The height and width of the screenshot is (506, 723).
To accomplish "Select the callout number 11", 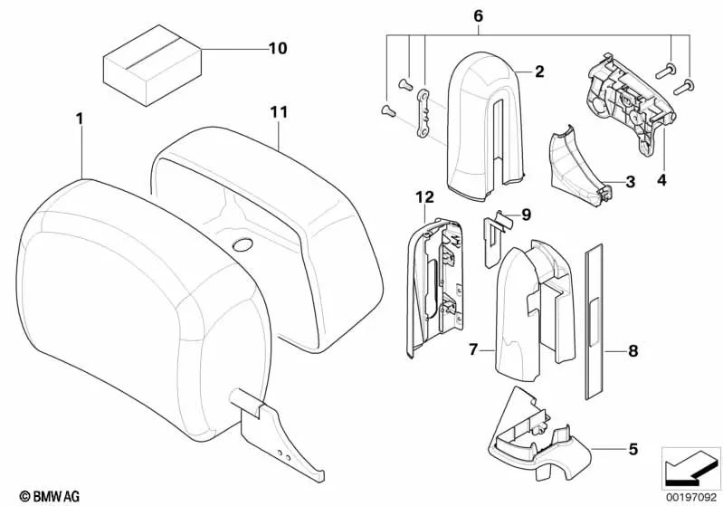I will (278, 112).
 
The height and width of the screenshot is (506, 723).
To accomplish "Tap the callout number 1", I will (80, 119).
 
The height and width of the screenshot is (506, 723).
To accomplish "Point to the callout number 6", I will (479, 15).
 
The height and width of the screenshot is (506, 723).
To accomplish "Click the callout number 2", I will (538, 71).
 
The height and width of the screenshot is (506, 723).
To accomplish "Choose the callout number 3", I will (630, 182).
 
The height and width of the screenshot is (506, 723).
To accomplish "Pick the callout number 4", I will (661, 182).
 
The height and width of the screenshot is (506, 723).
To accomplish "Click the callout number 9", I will (528, 215).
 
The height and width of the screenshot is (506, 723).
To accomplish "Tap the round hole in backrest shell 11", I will (243, 245).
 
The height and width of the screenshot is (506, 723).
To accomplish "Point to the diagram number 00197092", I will (690, 495).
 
